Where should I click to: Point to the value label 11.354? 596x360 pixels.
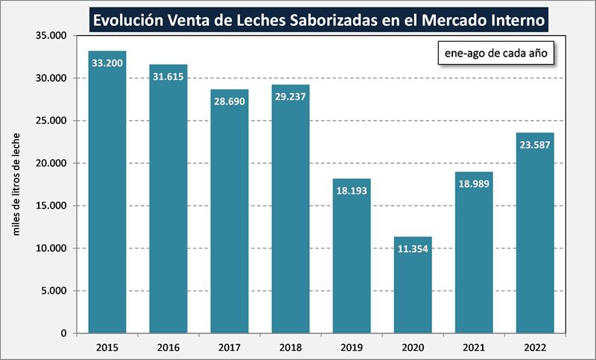pos(413,248)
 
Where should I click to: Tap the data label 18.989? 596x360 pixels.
pos(474,183)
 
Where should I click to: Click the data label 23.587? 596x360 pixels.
pos(535,145)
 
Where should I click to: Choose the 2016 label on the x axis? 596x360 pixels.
pos(168,347)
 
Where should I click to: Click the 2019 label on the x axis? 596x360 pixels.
pos(352,347)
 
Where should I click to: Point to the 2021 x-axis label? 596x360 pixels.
pos(474,347)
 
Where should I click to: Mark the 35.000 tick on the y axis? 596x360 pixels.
pos(51,36)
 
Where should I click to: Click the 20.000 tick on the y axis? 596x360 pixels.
pos(51,163)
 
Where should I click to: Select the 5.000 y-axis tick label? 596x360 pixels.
pos(54,291)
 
